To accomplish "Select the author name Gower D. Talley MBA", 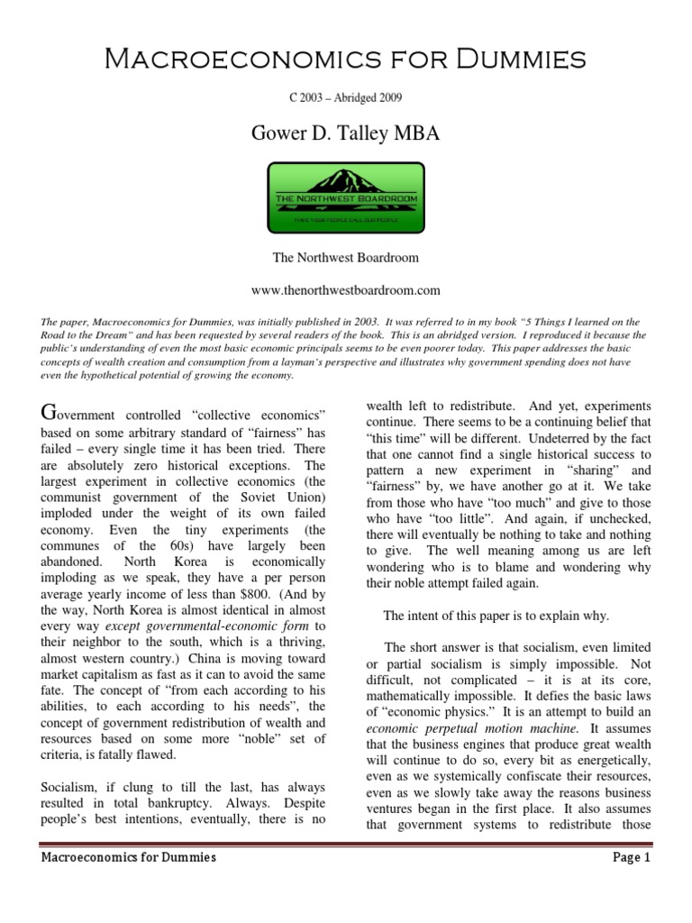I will click(x=346, y=135).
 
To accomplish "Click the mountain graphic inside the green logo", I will click(x=346, y=180).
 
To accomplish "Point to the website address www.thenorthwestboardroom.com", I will click(x=346, y=289).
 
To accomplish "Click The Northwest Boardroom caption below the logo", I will click(x=346, y=258).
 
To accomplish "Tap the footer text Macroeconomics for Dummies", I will click(x=129, y=857).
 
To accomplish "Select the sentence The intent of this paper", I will click(x=496, y=616).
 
